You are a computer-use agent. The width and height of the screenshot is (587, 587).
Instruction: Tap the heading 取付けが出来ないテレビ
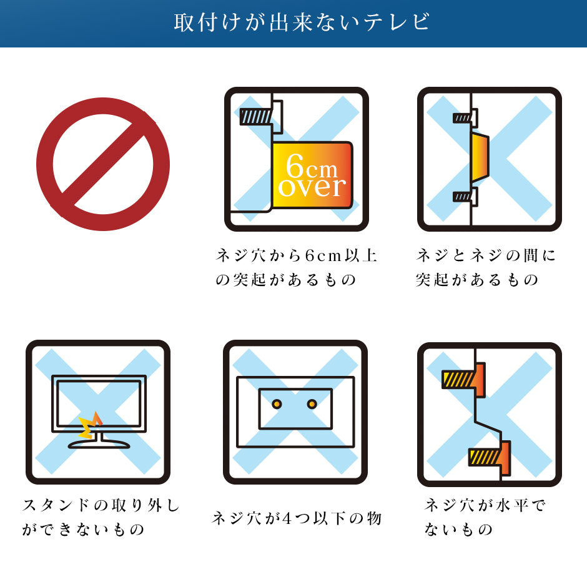tap(302, 22)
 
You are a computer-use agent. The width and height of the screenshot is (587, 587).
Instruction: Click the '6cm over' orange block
tap(312, 175)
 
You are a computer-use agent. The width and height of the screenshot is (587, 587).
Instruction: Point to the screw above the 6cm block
tap(261, 116)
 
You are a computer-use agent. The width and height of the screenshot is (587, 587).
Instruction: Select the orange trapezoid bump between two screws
tap(480, 157)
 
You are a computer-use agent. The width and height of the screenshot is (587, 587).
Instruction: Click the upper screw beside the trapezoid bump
tap(465, 118)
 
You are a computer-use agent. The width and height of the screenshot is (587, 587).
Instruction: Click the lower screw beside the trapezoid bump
tap(465, 197)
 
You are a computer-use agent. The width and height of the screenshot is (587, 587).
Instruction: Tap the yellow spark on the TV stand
tap(90, 426)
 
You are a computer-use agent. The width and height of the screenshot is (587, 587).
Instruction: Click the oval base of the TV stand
tap(99, 445)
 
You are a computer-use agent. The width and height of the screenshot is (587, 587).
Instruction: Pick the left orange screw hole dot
tap(277, 404)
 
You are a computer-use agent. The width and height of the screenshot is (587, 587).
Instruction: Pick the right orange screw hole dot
tap(312, 404)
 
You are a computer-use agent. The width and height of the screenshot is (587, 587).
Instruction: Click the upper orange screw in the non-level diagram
tap(463, 380)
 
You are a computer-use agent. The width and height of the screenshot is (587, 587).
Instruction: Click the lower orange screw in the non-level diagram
tap(490, 458)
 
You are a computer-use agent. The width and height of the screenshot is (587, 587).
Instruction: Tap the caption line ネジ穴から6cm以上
tap(296, 255)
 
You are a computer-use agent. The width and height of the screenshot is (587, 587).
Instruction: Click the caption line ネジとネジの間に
tap(486, 255)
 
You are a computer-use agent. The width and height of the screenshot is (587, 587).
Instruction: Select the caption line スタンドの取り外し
tap(101, 505)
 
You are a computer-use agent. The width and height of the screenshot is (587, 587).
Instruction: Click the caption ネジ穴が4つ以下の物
tap(297, 518)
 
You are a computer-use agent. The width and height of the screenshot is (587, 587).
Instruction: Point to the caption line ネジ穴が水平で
tap(485, 505)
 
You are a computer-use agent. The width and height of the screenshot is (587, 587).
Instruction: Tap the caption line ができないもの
tap(83, 530)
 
